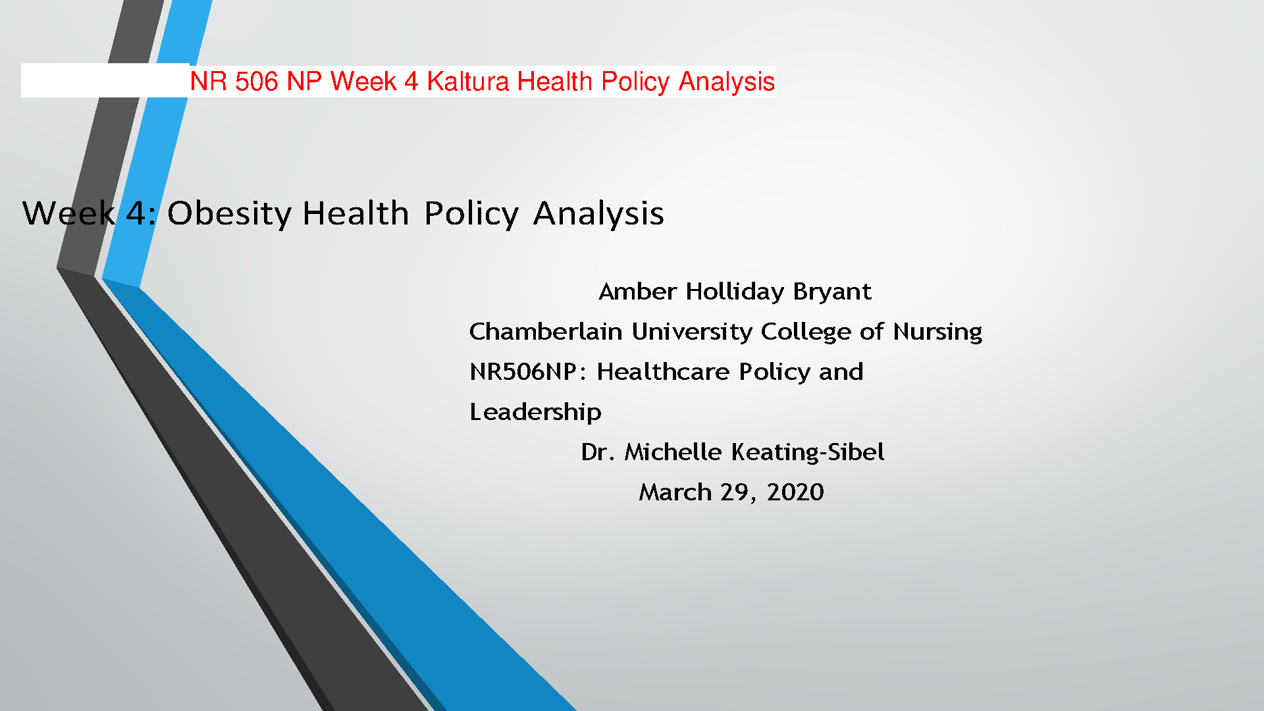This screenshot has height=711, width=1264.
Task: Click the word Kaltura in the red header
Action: tap(467, 82)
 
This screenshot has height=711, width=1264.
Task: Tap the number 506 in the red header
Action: tap(256, 82)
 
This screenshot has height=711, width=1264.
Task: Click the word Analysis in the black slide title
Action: tap(598, 213)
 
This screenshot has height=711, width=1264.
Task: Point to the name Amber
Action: tap(637, 291)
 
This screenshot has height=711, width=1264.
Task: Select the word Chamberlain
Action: tap(545, 331)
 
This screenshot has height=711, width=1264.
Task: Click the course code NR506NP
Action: tap(523, 372)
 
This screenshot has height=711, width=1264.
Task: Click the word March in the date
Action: tap(675, 492)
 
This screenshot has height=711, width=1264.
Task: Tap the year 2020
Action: tap(795, 492)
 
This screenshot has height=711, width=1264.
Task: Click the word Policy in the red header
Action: tap(635, 82)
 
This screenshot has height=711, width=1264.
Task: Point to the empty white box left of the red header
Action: tap(105, 80)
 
